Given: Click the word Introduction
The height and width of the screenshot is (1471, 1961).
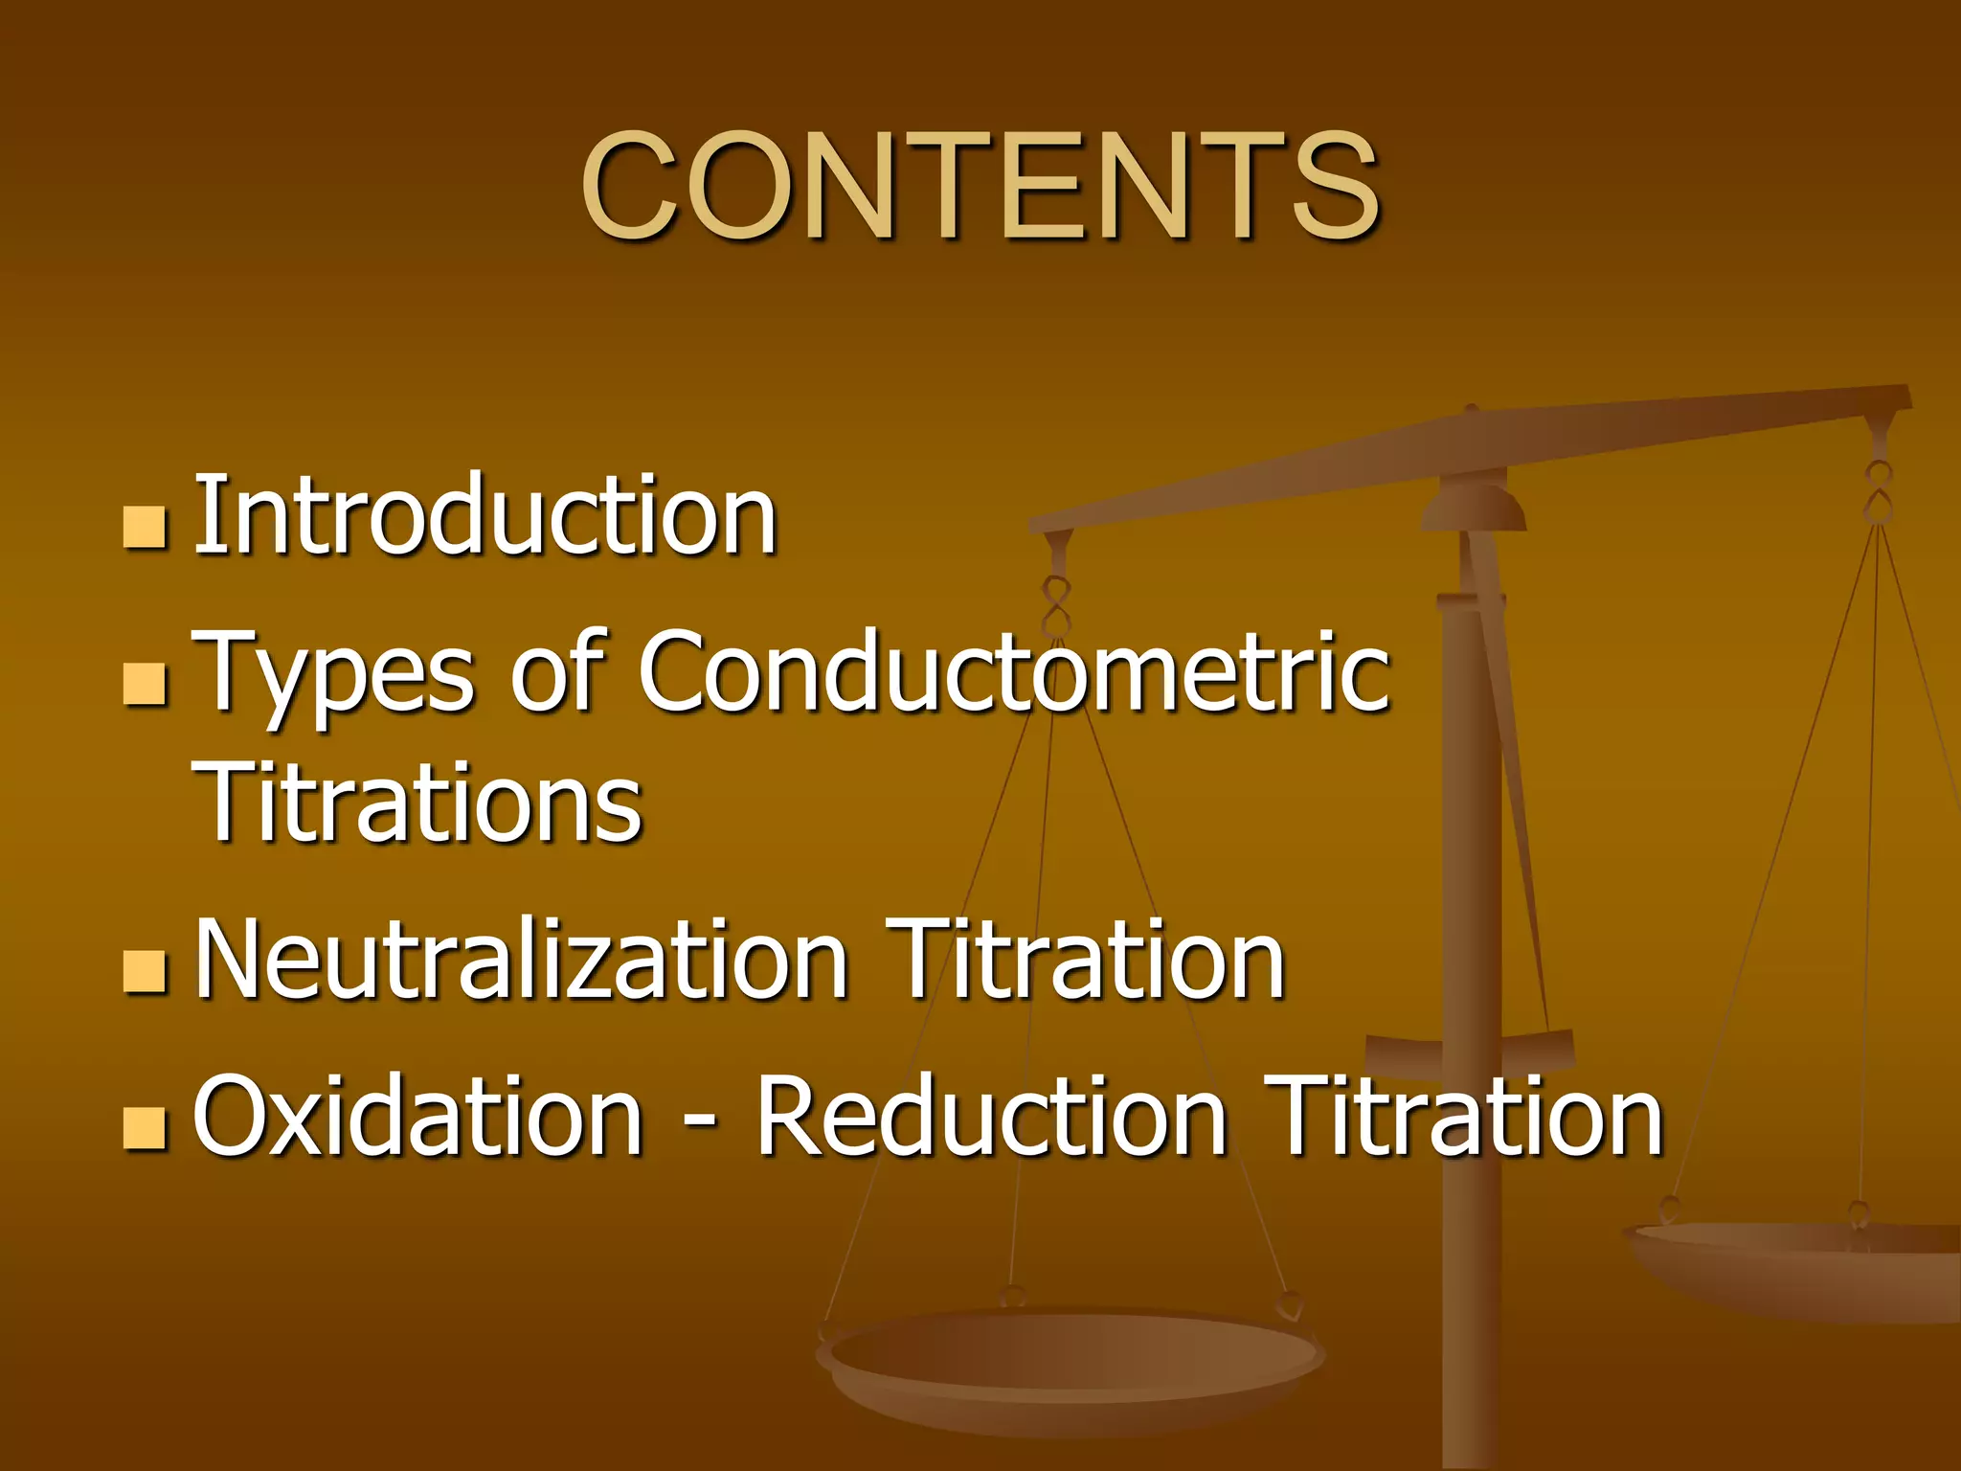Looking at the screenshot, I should (485, 516).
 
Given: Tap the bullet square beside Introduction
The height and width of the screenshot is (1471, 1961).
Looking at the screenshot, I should (146, 527).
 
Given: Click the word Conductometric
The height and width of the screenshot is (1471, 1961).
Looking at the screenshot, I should (1013, 671).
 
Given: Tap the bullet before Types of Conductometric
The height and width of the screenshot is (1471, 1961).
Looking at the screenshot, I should (146, 683).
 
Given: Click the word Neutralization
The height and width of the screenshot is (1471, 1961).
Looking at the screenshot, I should (522, 959).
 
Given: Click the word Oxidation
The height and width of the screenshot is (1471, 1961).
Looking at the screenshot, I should (417, 1116).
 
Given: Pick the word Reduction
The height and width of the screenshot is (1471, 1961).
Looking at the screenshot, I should (992, 1116).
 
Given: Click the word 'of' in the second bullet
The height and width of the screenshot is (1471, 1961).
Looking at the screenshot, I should (556, 673).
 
